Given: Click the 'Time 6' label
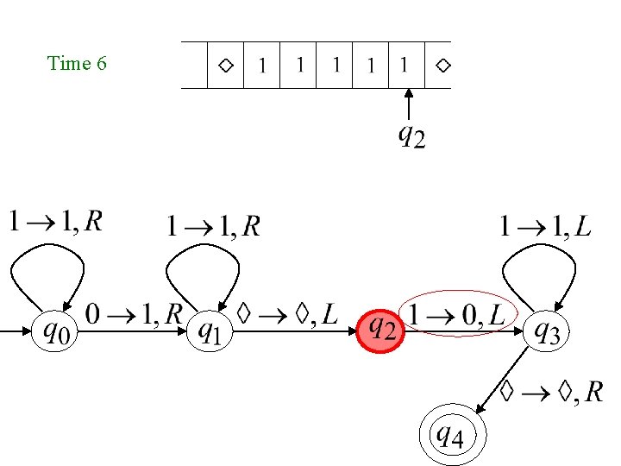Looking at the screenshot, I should click(77, 63).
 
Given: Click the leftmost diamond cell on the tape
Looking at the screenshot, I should click(225, 65).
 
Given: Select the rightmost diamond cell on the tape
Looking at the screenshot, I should click(442, 65).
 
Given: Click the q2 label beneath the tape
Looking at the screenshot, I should click(411, 136).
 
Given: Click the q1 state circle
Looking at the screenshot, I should click(210, 330).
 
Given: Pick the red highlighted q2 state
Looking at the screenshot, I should click(379, 330).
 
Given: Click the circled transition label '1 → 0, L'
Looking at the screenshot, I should click(457, 315).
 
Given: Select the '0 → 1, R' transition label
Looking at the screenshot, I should click(133, 315).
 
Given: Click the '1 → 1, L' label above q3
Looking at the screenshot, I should click(545, 227).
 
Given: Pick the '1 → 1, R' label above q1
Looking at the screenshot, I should click(213, 227).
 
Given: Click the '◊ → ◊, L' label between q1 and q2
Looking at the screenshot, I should click(288, 315).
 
